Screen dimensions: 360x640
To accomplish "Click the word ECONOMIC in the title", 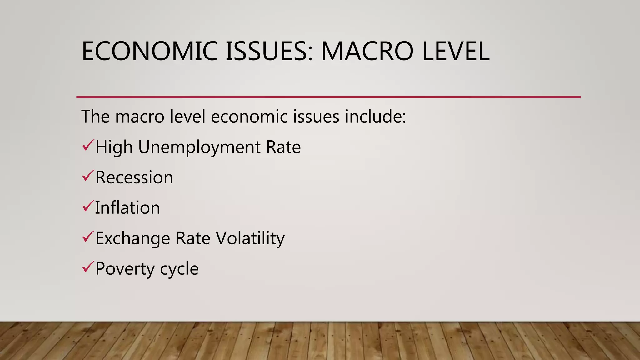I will (149, 51).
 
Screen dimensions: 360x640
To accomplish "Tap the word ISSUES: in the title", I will (269, 51).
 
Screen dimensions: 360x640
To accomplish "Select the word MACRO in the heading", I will (367, 51).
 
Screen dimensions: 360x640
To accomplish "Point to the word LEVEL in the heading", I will (455, 51).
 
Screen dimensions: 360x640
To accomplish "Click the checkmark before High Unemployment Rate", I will (88, 145).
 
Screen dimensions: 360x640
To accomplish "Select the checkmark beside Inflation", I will (88, 206).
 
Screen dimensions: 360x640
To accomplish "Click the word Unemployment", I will (199, 147).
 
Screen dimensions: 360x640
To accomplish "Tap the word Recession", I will (134, 177).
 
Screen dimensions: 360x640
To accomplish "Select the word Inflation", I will (127, 208).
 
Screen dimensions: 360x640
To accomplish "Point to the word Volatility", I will (250, 238).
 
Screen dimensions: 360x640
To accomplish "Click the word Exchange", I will (132, 238).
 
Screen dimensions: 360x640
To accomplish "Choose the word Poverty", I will (125, 269).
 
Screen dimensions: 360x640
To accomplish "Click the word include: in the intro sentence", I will (375, 117).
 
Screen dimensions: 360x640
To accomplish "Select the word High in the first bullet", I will (114, 147).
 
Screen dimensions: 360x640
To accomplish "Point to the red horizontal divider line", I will (328, 97).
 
